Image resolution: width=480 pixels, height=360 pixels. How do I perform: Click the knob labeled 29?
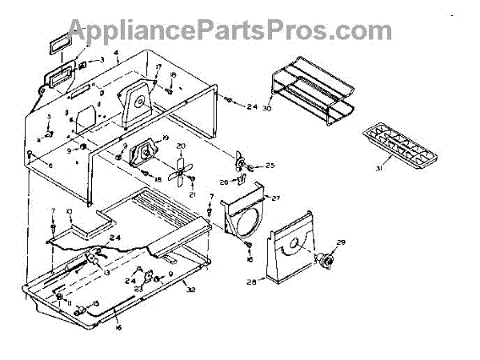tap(326, 259)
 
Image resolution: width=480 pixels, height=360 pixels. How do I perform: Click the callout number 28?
tap(254, 282)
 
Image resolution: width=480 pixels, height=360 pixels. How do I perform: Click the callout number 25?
tap(270, 166)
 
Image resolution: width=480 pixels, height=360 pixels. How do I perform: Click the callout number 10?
tap(69, 211)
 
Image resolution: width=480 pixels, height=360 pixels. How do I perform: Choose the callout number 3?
tap(102, 60)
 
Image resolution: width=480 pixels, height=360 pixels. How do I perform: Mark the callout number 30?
tap(267, 107)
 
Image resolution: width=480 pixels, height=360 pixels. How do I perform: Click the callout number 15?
tap(96, 303)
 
